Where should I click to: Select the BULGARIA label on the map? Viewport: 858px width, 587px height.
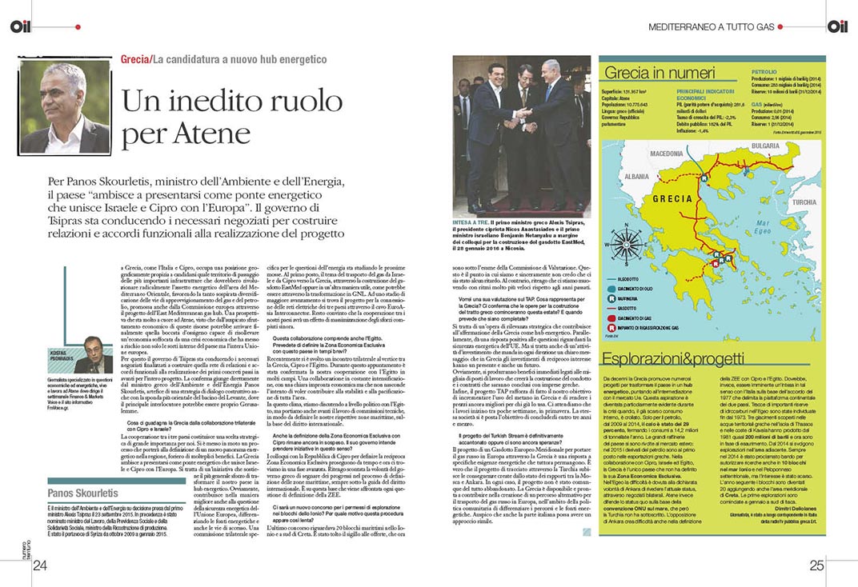click(x=765, y=146)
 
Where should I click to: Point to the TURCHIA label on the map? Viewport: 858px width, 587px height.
click(x=804, y=202)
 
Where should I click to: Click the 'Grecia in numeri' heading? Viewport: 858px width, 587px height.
click(x=648, y=73)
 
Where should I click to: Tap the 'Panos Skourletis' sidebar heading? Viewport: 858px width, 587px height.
click(x=82, y=493)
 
